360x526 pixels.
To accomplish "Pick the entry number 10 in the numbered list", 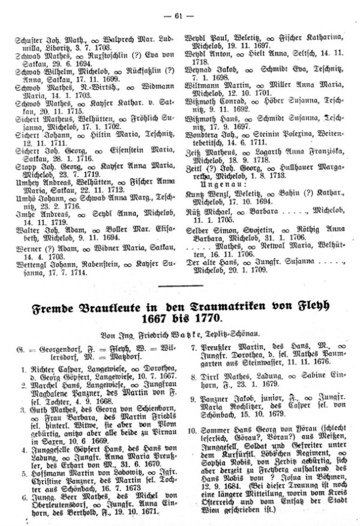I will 190,447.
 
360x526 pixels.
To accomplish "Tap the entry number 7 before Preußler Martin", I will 192,348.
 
